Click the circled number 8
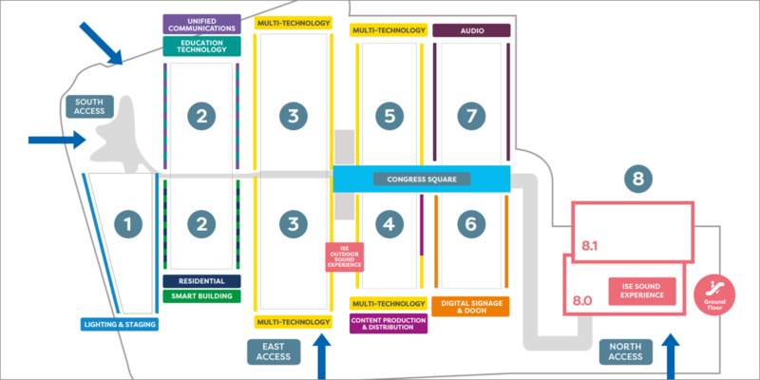638,178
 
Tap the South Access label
88,105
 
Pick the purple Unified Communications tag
201,24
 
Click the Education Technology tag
201,45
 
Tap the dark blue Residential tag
201,281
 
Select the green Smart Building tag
201,295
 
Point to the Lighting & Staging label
119,324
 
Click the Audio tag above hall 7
471,30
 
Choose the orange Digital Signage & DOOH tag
471,306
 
